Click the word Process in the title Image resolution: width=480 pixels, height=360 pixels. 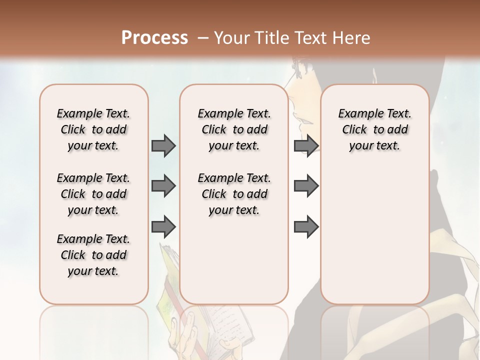154,37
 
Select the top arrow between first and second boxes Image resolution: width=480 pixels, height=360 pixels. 163,146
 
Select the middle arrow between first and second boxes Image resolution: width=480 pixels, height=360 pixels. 163,186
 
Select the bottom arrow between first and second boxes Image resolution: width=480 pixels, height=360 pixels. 163,227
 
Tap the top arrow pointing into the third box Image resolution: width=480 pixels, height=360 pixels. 306,146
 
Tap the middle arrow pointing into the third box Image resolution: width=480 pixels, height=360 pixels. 306,186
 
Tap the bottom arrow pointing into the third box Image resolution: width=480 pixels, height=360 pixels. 306,227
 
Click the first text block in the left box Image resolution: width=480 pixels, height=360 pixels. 93,129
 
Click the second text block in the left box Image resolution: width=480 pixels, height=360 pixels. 93,194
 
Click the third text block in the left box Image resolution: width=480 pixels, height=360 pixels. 93,255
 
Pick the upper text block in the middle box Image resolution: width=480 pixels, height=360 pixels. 234,129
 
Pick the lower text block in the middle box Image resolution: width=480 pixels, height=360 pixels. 234,194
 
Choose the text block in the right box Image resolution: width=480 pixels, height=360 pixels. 374,129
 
